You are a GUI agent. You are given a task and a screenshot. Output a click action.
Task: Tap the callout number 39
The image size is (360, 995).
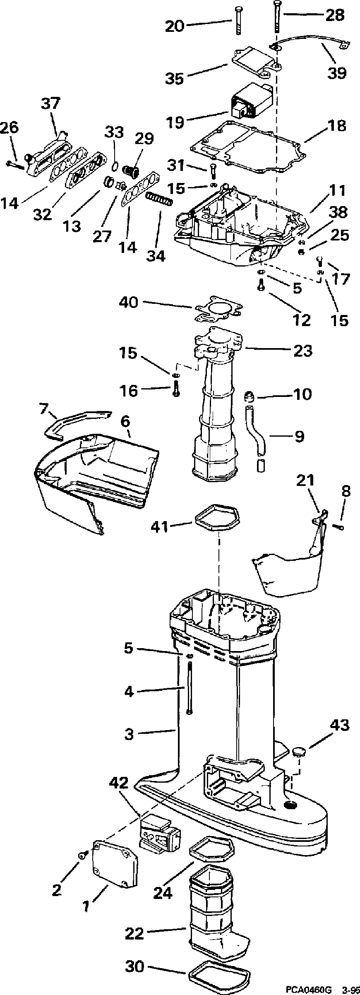pyautogui.click(x=337, y=73)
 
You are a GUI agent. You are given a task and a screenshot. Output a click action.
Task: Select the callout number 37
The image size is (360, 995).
pyautogui.click(x=50, y=103)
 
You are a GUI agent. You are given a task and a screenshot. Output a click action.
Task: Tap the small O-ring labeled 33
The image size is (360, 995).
pyautogui.click(x=116, y=166)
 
